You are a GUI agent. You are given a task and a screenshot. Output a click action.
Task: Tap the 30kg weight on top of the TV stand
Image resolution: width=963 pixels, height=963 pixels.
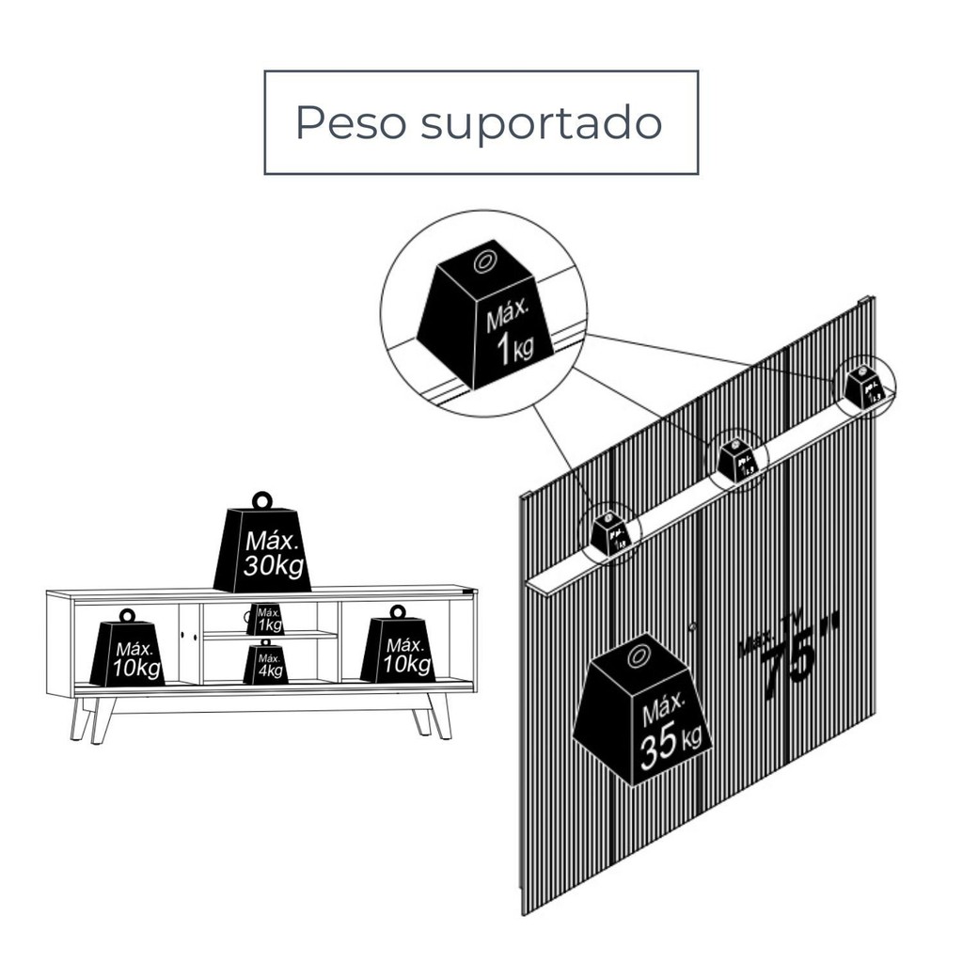point(262,549)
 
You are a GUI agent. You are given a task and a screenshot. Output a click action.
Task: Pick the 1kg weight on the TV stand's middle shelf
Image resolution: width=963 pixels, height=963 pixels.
point(266,621)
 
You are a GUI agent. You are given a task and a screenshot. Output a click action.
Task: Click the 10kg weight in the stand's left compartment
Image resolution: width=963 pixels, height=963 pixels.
point(128,653)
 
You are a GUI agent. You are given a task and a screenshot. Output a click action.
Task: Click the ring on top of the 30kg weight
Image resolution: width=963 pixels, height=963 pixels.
point(261,499)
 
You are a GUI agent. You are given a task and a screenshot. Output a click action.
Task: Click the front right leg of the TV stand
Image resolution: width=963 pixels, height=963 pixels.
point(440,716)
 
